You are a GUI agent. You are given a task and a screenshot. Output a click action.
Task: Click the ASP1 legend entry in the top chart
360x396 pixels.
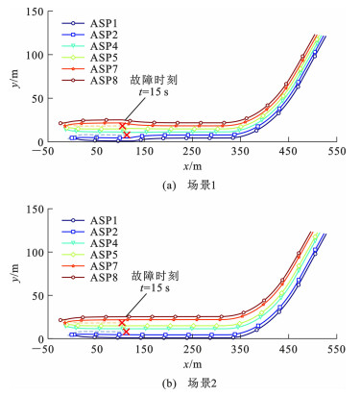(89, 23)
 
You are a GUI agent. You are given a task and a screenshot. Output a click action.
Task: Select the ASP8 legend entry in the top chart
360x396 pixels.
(89, 81)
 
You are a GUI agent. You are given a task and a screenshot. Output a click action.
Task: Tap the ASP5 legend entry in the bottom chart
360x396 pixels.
(89, 255)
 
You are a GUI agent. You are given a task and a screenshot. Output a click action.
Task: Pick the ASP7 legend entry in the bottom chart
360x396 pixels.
(89, 266)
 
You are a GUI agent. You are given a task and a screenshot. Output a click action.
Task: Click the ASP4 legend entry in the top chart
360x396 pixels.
(89, 46)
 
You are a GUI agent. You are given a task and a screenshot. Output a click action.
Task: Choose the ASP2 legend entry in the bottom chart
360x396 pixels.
(89, 232)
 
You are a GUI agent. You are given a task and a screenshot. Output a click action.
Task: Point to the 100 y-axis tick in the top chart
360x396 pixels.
(35, 55)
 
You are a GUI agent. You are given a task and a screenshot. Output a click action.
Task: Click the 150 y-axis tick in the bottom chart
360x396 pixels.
(35, 210)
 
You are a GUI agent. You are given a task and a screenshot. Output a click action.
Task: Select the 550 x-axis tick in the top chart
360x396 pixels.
(336, 151)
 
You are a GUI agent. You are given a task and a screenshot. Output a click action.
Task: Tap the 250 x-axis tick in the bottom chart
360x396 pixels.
(193, 349)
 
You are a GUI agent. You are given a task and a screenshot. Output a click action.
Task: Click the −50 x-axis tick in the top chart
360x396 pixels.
(43, 151)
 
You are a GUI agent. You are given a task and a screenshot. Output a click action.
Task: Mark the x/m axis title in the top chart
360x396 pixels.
(193, 166)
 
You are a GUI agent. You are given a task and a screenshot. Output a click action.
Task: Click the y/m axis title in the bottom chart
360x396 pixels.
(15, 273)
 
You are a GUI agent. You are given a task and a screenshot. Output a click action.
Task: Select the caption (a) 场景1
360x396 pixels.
(189, 186)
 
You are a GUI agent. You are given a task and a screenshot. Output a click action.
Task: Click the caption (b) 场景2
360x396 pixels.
(189, 384)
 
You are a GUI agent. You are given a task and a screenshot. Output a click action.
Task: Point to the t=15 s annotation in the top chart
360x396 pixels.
(154, 92)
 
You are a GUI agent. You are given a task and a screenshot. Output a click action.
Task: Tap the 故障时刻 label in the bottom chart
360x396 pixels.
(155, 276)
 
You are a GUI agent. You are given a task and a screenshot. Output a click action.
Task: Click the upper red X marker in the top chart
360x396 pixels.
(122, 126)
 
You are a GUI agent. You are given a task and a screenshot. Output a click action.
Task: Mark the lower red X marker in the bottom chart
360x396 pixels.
(127, 332)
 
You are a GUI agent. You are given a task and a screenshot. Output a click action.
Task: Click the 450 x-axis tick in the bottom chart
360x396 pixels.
(288, 349)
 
